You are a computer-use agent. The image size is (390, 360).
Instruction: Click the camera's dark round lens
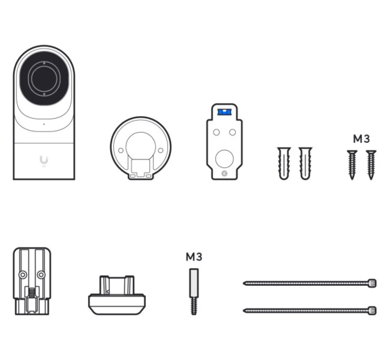tap(44, 79)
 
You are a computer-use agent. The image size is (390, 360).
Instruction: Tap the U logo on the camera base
tap(44, 160)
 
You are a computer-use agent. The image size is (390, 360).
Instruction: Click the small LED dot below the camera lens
tap(44, 124)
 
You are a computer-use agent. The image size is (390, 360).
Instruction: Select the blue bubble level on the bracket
tap(224, 112)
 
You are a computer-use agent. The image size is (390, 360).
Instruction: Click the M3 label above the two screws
tap(361, 139)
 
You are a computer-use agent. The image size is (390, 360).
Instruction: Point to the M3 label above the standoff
tap(194, 257)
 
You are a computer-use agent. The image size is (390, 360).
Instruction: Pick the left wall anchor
tap(284, 163)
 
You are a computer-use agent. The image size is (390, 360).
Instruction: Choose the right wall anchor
tap(305, 163)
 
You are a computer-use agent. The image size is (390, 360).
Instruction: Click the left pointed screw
tap(352, 165)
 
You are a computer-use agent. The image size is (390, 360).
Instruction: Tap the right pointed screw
tap(371, 165)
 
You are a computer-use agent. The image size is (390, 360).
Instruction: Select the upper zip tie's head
tap(372, 283)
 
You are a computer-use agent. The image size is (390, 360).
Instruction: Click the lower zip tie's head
tap(372, 311)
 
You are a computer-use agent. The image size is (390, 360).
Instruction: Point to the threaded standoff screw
tap(194, 292)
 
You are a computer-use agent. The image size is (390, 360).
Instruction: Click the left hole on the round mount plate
tap(121, 150)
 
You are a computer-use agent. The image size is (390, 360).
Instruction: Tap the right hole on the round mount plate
tap(161, 150)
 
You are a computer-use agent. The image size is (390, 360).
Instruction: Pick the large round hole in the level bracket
tap(224, 159)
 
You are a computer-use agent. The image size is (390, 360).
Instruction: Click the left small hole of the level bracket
tap(216, 132)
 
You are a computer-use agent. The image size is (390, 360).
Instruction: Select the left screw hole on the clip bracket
tap(23, 275)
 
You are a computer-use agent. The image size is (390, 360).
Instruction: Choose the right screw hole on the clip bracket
tap(41, 275)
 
